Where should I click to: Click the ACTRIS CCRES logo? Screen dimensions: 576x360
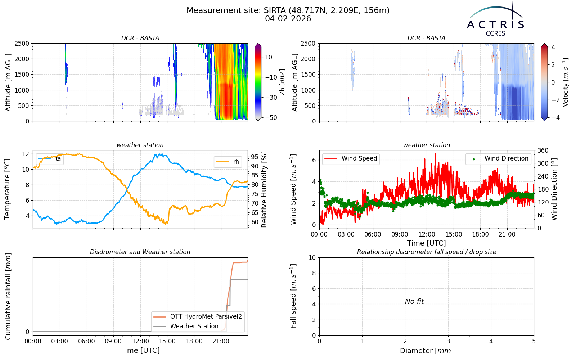[495, 19]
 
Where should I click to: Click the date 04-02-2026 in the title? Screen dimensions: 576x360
[288, 19]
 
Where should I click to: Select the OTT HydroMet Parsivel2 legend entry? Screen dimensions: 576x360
[198, 316]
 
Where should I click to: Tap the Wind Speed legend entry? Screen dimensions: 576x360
[351, 159]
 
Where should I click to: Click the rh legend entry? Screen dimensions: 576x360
[228, 162]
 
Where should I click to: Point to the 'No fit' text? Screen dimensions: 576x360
[414, 301]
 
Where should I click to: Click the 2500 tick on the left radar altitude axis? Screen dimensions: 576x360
[22, 44]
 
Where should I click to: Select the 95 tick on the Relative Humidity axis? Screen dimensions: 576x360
[255, 157]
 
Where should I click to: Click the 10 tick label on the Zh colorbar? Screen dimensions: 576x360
[269, 57]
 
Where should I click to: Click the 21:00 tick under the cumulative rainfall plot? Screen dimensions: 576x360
[221, 342]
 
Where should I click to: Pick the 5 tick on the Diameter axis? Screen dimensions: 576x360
[534, 342]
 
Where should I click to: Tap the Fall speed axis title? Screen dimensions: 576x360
[293, 296]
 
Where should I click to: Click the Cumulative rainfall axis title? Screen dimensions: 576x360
[8, 296]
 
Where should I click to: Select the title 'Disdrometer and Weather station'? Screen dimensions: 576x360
[140, 252]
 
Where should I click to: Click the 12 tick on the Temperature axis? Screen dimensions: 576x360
[26, 154]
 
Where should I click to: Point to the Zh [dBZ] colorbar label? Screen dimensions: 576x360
[283, 82]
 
